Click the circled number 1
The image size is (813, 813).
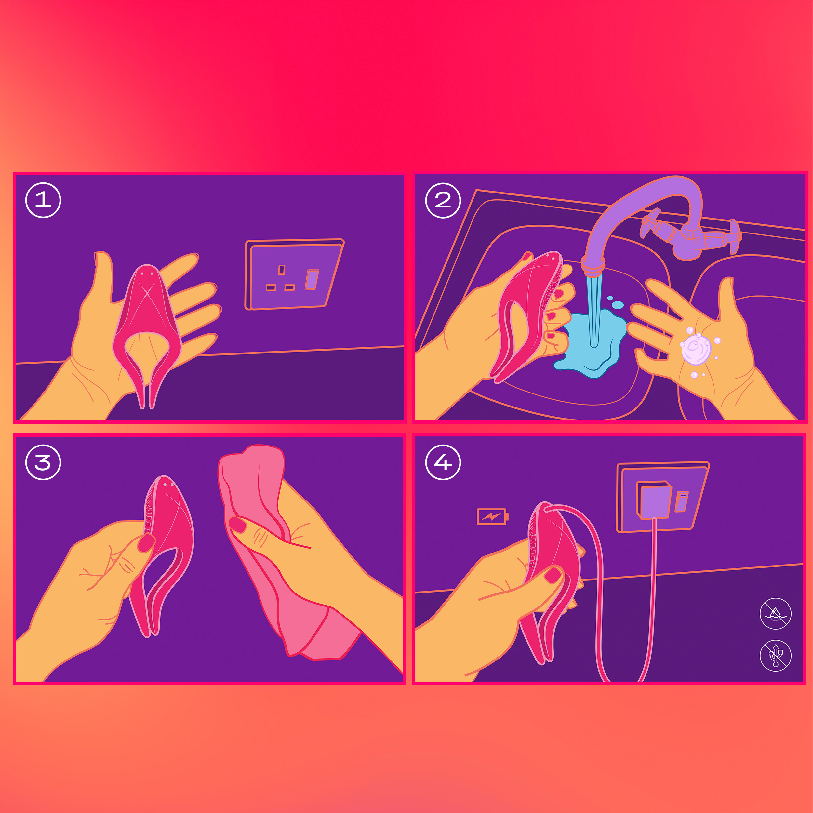(43, 200)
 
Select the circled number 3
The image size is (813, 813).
(43, 462)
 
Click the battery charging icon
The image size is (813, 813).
(492, 516)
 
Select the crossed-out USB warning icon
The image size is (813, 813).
(775, 656)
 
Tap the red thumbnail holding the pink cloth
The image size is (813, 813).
(237, 524)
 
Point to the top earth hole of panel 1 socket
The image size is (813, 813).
(282, 270)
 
